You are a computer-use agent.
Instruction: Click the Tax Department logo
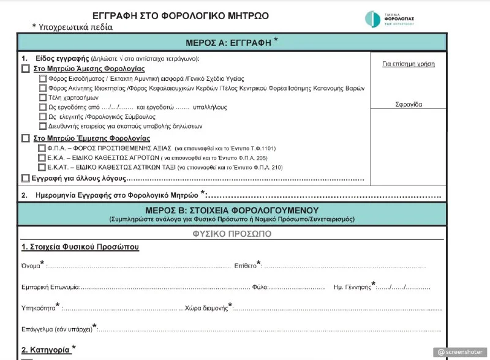pos(389,18)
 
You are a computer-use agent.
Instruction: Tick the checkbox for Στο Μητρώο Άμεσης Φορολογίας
pos(25,69)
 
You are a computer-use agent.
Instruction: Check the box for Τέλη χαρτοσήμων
pos(42,97)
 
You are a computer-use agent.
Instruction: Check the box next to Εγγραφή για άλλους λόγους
pos(25,178)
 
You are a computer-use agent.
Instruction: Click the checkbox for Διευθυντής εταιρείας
pos(42,126)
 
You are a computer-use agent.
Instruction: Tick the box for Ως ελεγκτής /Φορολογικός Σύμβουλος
pos(42,116)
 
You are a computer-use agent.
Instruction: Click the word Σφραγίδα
pos(409,104)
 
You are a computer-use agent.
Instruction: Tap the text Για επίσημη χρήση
pos(409,64)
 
